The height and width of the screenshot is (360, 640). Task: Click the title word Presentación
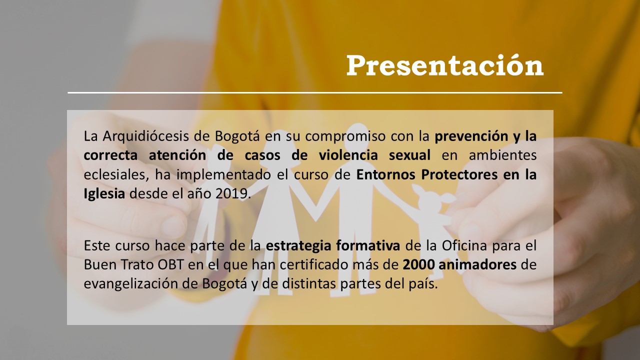point(445,65)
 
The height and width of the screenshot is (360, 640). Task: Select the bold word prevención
point(471,137)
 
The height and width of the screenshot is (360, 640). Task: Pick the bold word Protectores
point(459,175)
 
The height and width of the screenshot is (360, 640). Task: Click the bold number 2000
point(419,265)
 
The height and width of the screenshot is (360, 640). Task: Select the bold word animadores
point(477,264)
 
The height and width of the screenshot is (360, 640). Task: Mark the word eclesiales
point(116,175)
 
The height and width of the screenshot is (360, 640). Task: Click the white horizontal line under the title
point(315,92)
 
